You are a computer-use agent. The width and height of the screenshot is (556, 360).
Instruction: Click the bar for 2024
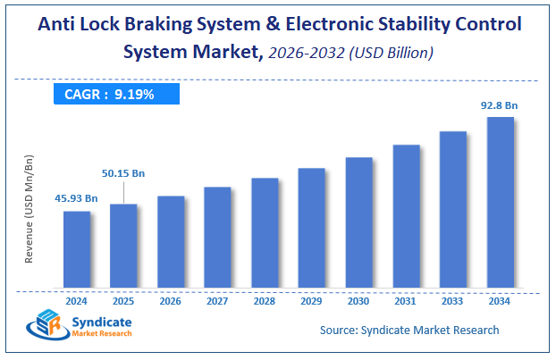(x=77, y=250)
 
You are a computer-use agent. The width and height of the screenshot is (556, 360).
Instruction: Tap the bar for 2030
(x=358, y=222)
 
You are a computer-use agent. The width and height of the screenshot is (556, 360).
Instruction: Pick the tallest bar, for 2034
(x=500, y=203)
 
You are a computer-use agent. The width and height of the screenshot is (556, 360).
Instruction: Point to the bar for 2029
(x=311, y=228)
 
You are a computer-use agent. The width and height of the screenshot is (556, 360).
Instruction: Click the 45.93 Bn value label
(x=76, y=197)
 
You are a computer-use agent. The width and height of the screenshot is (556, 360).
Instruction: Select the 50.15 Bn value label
(x=122, y=172)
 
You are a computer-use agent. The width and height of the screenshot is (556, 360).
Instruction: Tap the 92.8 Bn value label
(x=499, y=105)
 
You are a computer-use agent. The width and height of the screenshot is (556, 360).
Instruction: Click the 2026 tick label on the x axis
(x=171, y=301)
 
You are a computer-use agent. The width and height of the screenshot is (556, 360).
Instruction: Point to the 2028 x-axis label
(x=265, y=301)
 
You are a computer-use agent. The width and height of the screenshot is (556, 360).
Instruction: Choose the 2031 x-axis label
(x=406, y=301)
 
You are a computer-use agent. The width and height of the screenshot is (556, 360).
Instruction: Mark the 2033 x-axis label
(x=452, y=301)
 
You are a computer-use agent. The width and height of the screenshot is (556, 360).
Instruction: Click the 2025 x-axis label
(x=123, y=301)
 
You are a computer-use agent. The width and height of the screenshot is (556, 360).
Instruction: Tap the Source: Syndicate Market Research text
(x=409, y=331)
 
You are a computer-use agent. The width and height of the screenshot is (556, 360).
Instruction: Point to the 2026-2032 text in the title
(x=304, y=54)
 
